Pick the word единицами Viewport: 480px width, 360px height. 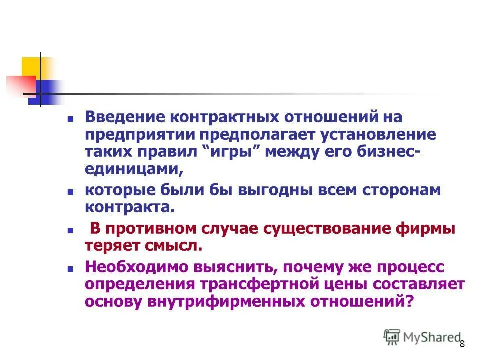[x=132, y=170]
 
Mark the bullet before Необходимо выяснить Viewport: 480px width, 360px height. [x=71, y=269]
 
